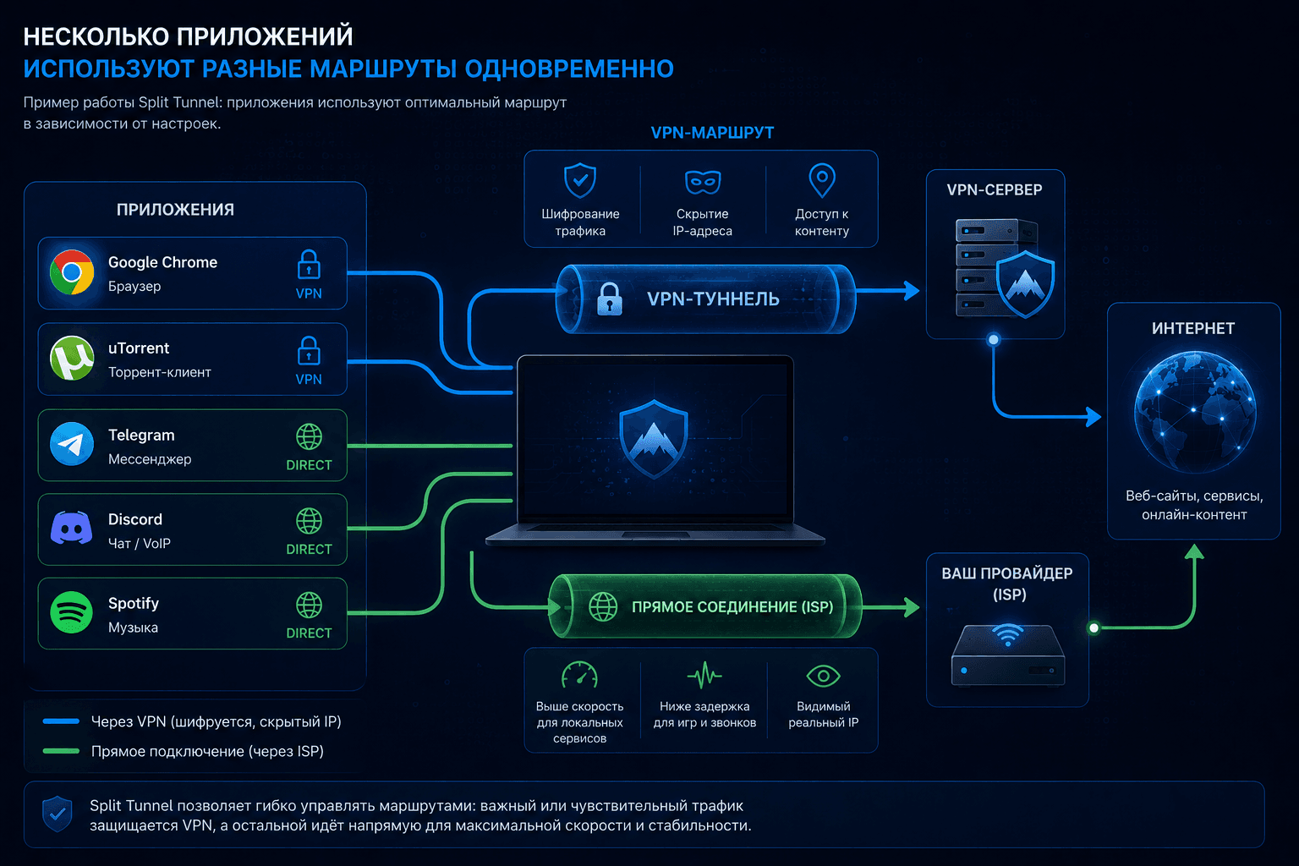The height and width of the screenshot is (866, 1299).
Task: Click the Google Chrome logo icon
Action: (72, 272)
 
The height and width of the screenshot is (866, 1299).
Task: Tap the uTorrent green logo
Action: (72, 358)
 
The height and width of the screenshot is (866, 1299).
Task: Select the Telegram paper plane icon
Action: (72, 444)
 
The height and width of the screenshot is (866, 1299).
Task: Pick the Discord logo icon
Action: (71, 528)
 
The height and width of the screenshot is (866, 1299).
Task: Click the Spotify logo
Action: (71, 612)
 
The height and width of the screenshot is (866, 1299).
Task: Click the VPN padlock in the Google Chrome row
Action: (309, 265)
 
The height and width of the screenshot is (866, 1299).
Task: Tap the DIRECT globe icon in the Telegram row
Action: (309, 436)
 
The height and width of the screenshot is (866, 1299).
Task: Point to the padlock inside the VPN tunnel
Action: (610, 299)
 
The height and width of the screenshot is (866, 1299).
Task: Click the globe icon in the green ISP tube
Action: (603, 606)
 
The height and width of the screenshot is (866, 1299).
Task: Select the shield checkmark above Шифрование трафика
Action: (580, 180)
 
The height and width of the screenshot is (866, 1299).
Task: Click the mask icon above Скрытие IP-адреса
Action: (703, 182)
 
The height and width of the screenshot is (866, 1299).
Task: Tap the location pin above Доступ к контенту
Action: (822, 180)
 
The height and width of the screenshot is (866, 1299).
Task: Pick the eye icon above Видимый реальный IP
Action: (823, 676)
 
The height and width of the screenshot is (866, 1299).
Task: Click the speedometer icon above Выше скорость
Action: (579, 675)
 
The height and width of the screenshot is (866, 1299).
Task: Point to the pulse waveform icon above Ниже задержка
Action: (704, 675)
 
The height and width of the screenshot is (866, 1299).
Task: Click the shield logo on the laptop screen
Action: (654, 439)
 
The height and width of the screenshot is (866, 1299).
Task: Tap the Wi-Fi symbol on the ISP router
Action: (1008, 634)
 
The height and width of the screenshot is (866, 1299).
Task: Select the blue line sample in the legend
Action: (61, 721)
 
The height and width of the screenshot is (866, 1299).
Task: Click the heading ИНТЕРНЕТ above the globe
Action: (1193, 329)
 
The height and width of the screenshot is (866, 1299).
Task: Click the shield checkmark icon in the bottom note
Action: (57, 814)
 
